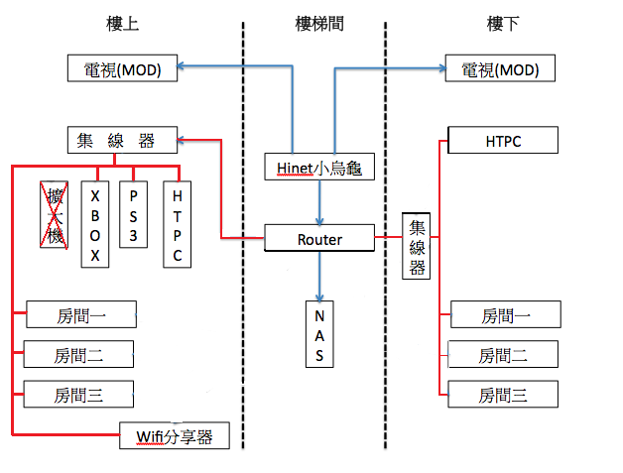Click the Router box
point(319,239)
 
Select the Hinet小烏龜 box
point(319,168)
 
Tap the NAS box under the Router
point(319,335)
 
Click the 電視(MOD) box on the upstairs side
point(124,69)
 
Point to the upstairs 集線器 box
point(124,140)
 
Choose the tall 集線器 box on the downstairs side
point(417,246)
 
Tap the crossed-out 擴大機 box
point(51,213)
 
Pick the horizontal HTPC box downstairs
point(503,141)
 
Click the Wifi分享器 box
point(175,435)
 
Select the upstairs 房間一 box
point(80,315)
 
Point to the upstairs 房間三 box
point(78,395)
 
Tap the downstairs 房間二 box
point(503,354)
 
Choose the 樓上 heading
point(123,22)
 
